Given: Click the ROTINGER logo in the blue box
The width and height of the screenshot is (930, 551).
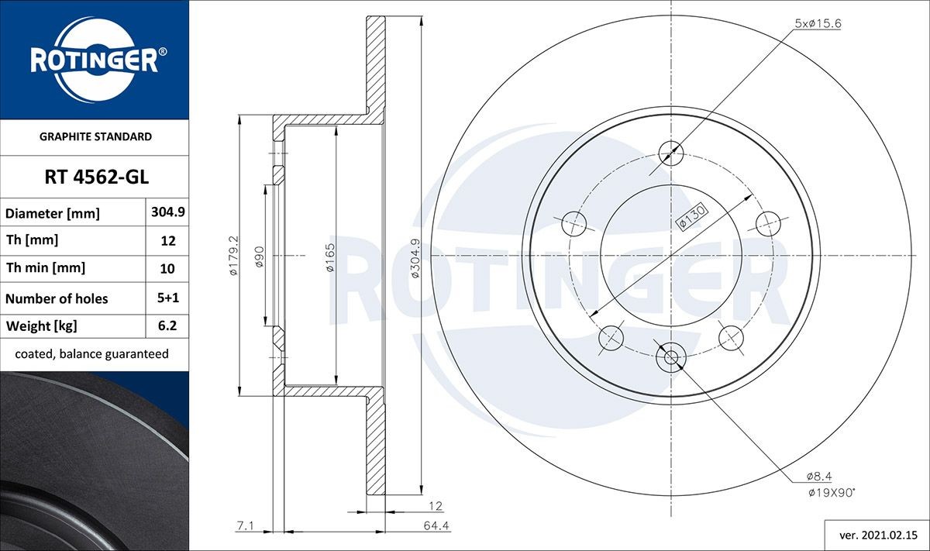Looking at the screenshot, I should [x=95, y=60].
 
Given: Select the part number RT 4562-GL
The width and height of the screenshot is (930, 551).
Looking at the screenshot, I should [x=95, y=177].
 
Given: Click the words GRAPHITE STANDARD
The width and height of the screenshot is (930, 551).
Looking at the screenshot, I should [x=95, y=136].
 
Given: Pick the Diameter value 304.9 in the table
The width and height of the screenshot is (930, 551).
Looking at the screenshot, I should [x=167, y=212].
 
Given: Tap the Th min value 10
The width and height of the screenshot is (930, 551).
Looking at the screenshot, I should [x=167, y=269].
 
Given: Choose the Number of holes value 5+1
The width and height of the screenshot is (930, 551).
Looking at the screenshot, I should [x=167, y=298].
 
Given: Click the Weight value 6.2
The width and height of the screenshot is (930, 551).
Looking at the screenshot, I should [x=167, y=326].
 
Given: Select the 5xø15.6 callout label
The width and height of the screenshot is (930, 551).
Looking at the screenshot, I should [x=818, y=23].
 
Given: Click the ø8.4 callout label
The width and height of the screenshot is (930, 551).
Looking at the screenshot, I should [x=819, y=476].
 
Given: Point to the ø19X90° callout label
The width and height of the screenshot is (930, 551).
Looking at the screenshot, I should [x=831, y=491].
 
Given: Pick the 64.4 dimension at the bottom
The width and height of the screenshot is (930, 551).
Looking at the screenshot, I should [x=437, y=526].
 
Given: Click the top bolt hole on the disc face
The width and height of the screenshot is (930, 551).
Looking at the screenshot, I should [x=670, y=152].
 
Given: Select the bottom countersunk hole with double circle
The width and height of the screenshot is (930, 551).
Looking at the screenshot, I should [x=670, y=357].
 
